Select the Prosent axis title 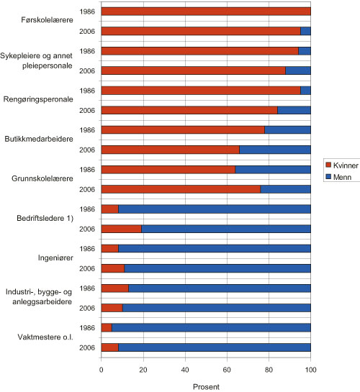coord(206,386)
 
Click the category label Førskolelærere coord(46,21)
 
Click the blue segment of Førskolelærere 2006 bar coord(305,31)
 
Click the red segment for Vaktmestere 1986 coord(107,328)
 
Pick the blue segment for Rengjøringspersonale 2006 coord(294,110)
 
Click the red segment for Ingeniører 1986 coord(109,249)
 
